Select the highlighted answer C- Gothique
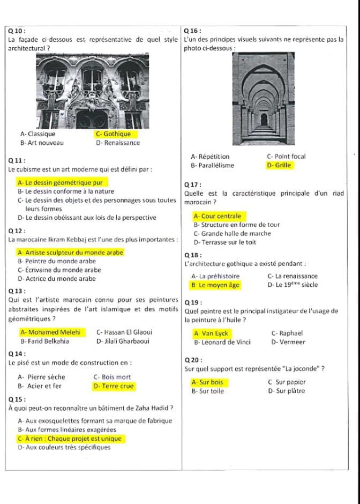113,134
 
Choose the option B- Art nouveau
41,143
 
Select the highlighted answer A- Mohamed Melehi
50,332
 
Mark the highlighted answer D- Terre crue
114,386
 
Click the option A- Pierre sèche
41,377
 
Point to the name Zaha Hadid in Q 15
155,409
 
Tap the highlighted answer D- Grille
279,166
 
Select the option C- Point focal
286,157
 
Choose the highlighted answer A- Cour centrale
217,216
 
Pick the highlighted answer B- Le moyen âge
215,285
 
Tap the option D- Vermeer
288,342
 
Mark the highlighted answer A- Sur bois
207,382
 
